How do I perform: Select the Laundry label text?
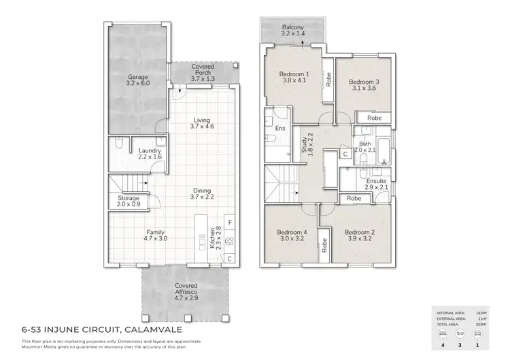pos(150,151)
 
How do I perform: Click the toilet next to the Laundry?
pos(118,144)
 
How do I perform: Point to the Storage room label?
pos(128,198)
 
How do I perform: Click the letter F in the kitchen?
pos(230,223)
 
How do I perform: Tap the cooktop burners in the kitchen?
pos(229,240)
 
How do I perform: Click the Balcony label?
pos(293,28)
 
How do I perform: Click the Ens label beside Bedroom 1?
pos(279,128)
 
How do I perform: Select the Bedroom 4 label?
pos(292,232)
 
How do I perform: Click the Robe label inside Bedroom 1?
pos(328,80)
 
